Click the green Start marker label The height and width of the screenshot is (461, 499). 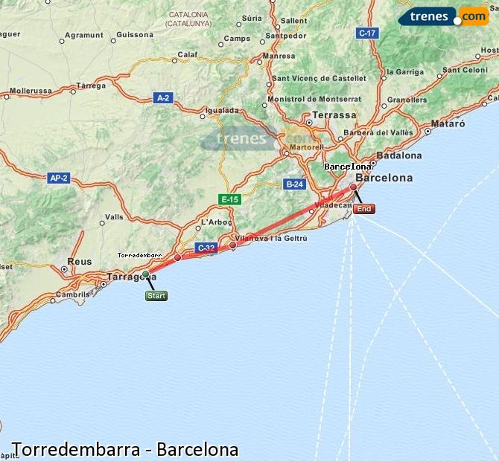click(156, 296)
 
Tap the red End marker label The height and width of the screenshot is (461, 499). click(364, 209)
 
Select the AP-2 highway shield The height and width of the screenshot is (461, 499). click(58, 178)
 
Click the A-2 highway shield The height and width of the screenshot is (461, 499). click(163, 97)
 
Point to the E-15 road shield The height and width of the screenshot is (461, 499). click(229, 199)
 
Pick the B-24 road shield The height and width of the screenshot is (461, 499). click(295, 184)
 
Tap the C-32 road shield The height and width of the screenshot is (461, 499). click(206, 248)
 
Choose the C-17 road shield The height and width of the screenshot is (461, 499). click(367, 33)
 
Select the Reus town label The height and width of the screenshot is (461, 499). click(79, 262)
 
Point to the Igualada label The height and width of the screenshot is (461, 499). click(222, 110)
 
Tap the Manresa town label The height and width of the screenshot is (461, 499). click(279, 56)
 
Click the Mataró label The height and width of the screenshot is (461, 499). click(448, 123)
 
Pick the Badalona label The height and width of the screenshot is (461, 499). click(399, 155)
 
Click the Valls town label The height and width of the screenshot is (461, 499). click(115, 217)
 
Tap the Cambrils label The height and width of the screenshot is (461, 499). click(71, 294)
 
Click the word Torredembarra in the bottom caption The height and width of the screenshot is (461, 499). click(69, 450)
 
